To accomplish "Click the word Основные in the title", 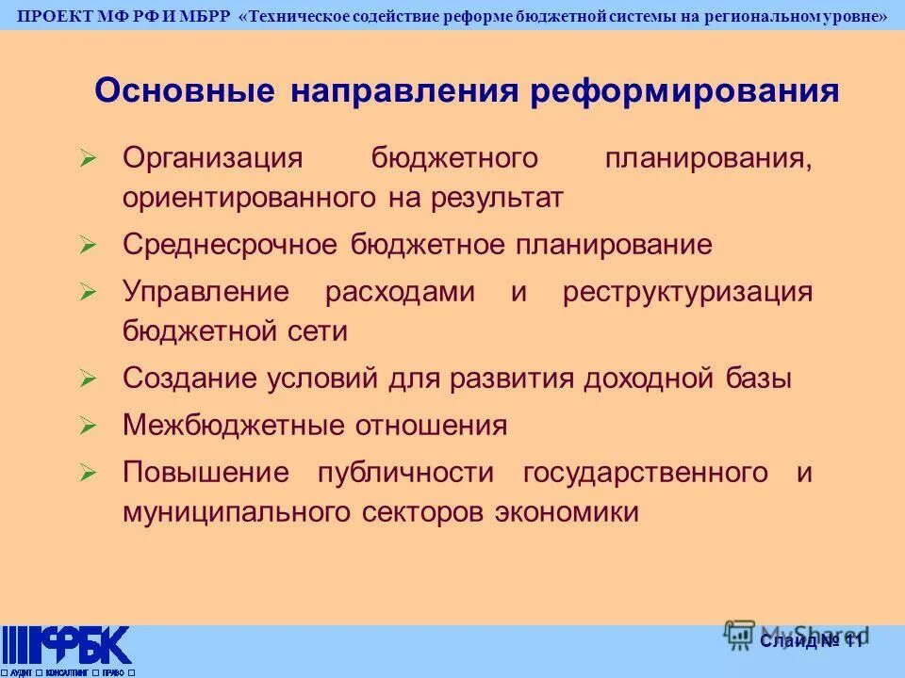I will click(x=185, y=91).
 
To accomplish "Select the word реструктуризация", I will click(x=687, y=291).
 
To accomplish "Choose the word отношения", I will click(x=431, y=426).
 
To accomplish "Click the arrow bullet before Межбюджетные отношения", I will click(x=89, y=427).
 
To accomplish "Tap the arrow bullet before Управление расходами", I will click(x=89, y=293).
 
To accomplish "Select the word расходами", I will click(x=400, y=291).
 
